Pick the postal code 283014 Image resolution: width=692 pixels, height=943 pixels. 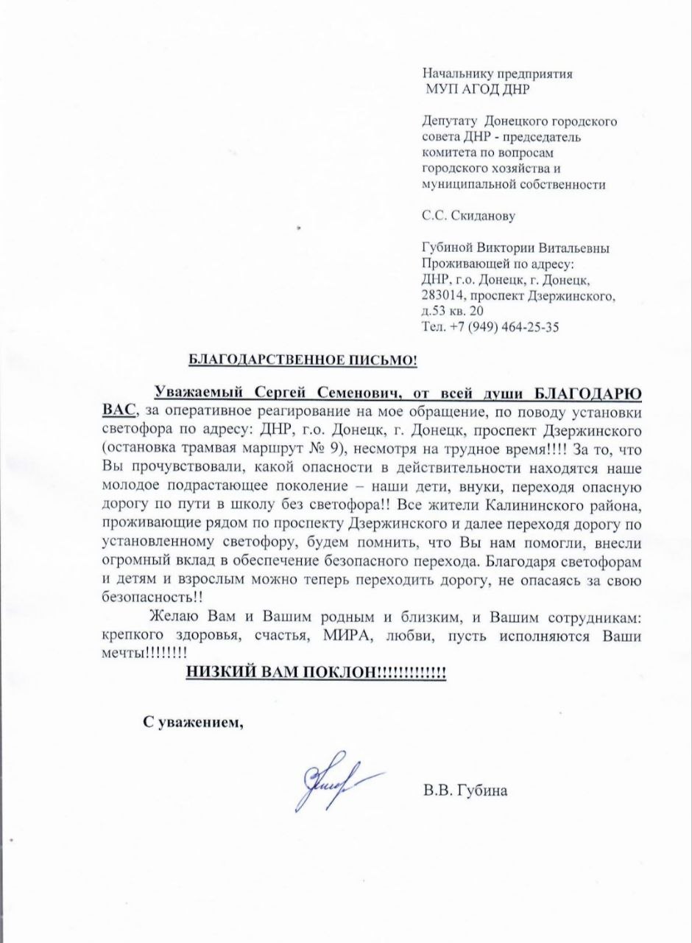(444, 296)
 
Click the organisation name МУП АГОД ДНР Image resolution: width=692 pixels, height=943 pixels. (477, 89)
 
